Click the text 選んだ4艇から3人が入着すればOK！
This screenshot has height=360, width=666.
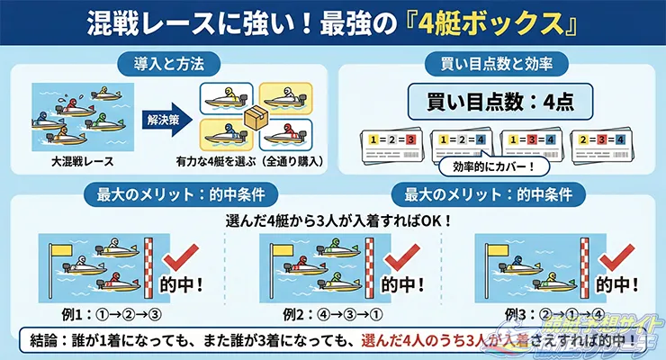click(x=333, y=220)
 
